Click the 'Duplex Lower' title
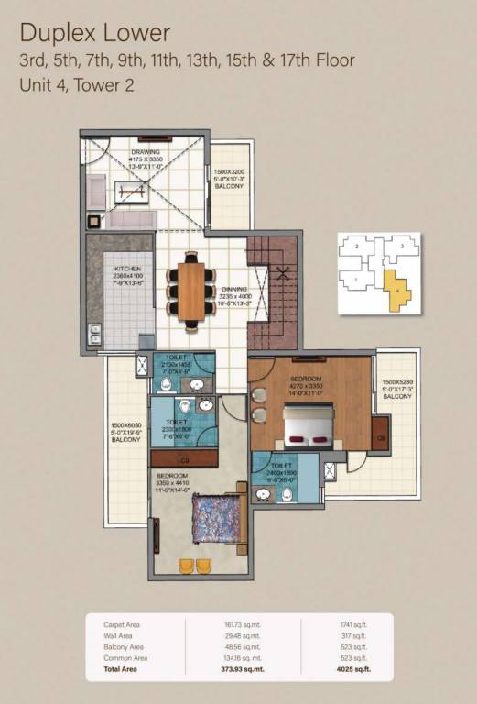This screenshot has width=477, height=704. point(95,34)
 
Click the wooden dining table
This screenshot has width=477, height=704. point(190,291)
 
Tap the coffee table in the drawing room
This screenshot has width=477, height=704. point(130,191)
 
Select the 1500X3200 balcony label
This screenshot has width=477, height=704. point(228,178)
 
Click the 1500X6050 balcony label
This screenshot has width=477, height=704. point(125,432)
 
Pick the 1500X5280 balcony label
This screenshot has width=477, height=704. point(397,389)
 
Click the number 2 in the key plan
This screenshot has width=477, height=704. point(353,247)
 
